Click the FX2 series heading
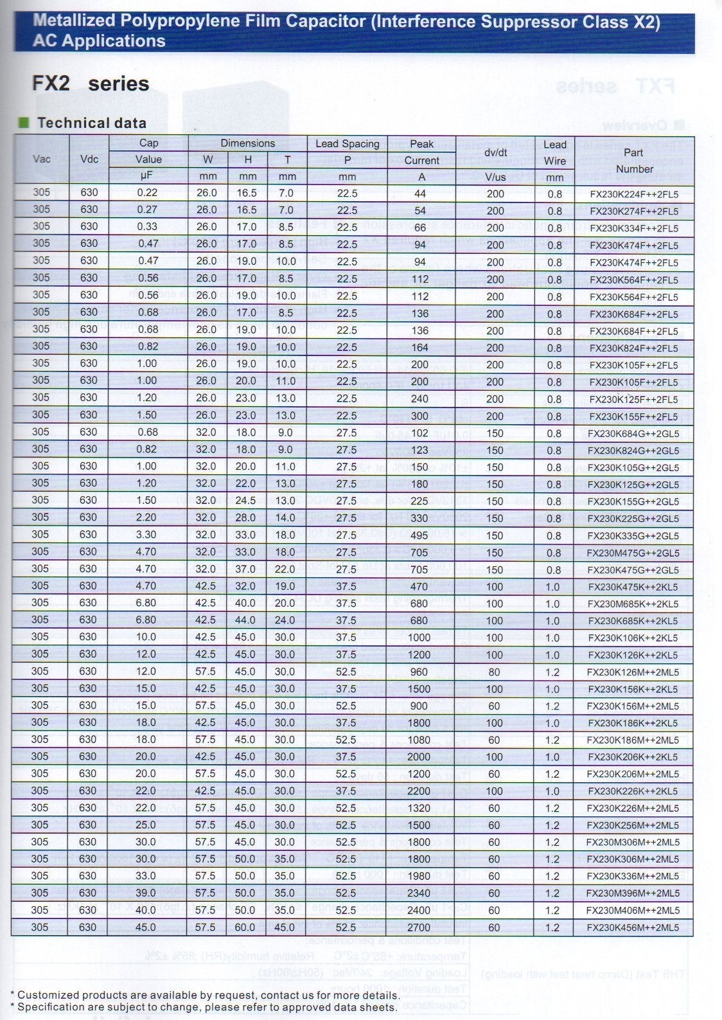point(91,84)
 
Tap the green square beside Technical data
point(24,122)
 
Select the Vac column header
point(41,159)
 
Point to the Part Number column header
point(633,161)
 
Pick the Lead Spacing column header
point(347,143)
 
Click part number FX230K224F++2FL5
point(634,193)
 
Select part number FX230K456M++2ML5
point(634,927)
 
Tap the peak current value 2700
point(419,927)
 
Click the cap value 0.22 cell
point(147,193)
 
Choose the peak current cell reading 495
point(419,535)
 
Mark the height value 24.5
point(245,501)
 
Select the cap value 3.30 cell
point(147,535)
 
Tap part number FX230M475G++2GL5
point(634,553)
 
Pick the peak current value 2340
point(419,893)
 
